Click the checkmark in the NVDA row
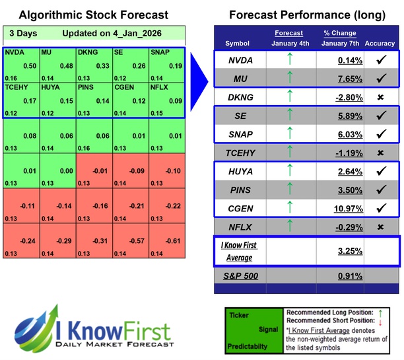(380, 59)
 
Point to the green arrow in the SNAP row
(288, 133)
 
